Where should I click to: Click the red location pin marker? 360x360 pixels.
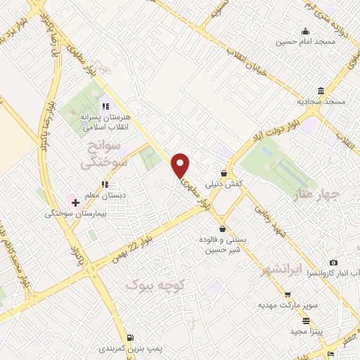pos(181,165)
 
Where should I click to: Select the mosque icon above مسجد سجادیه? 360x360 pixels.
pos(321,91)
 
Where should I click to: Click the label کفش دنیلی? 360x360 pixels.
pos(224,184)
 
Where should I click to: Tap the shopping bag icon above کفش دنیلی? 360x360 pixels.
pos(224,173)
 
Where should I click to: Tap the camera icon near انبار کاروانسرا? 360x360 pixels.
pos(333,262)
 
